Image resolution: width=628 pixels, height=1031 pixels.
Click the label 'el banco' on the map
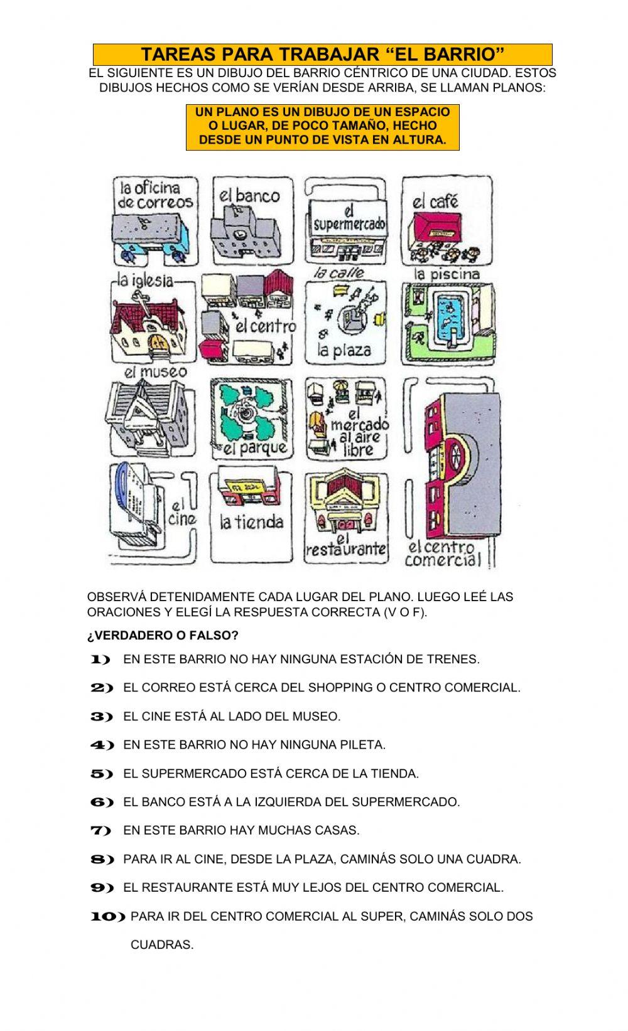click(x=249, y=195)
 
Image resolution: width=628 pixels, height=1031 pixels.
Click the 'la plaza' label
click(x=344, y=350)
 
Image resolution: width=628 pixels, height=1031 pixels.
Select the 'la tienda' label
click(x=251, y=521)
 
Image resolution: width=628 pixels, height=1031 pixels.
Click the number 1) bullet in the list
click(x=100, y=660)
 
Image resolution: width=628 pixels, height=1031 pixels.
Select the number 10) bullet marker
click(x=108, y=917)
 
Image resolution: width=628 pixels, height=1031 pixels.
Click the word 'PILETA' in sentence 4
click(x=364, y=745)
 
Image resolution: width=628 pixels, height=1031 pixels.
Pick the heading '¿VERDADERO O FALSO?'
click(x=163, y=636)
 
